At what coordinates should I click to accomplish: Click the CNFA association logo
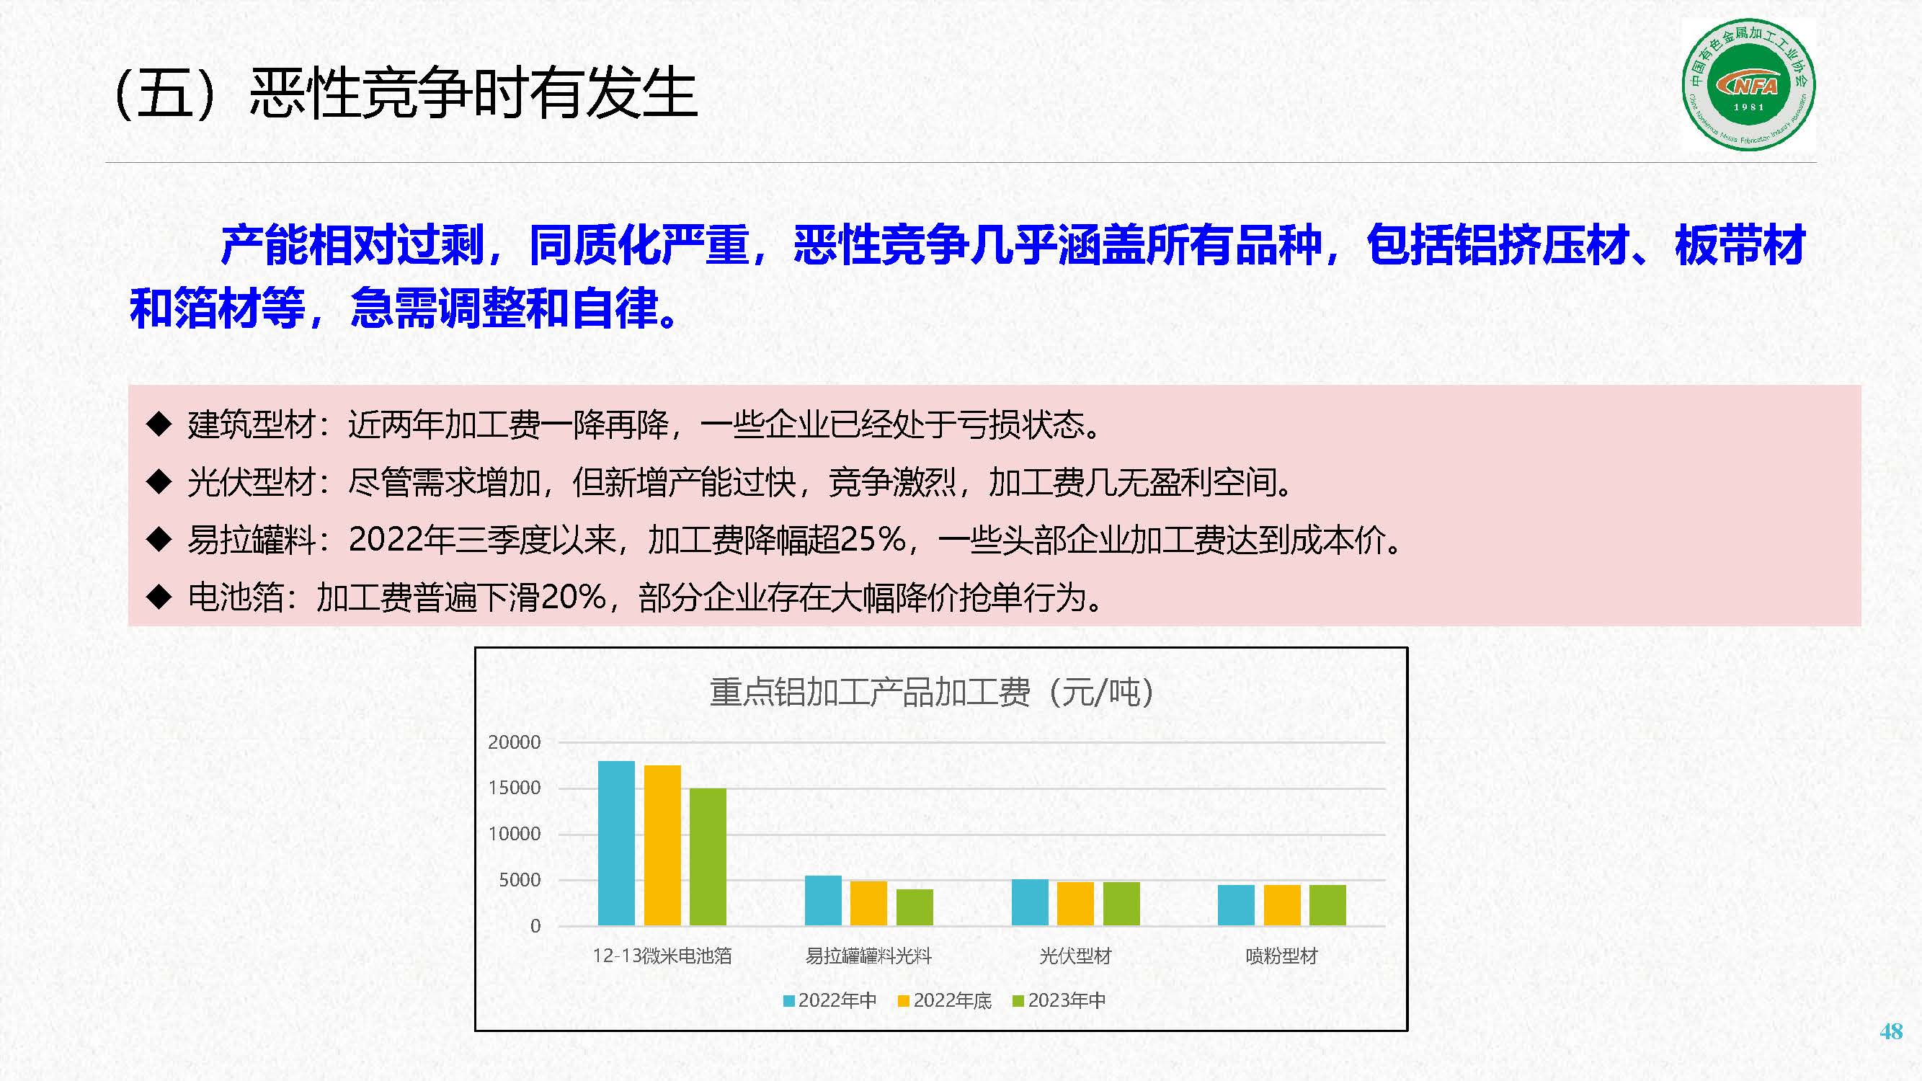tap(1748, 85)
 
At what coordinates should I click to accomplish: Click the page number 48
tap(1891, 1031)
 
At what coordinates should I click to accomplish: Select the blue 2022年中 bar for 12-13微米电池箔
tap(616, 843)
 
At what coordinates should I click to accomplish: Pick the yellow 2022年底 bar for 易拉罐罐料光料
tap(868, 904)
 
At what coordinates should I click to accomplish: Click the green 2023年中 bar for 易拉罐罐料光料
tap(915, 907)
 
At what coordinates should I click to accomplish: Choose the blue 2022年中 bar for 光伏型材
tap(1030, 903)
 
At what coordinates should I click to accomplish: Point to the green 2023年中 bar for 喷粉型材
tap(1328, 905)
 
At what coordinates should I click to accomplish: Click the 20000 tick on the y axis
tap(514, 742)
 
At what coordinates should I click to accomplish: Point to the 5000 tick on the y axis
tap(520, 881)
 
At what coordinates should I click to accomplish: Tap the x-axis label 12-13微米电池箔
tap(662, 956)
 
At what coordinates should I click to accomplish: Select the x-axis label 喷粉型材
tap(1282, 956)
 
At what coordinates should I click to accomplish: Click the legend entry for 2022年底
tap(945, 1000)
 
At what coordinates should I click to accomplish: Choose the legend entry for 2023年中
tap(1059, 1000)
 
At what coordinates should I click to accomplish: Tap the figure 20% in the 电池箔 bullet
tap(573, 597)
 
